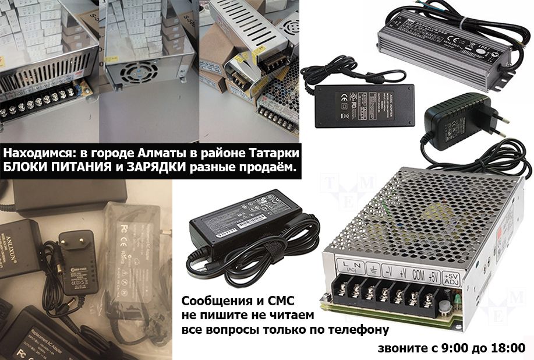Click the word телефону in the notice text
360,330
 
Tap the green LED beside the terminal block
459,301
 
